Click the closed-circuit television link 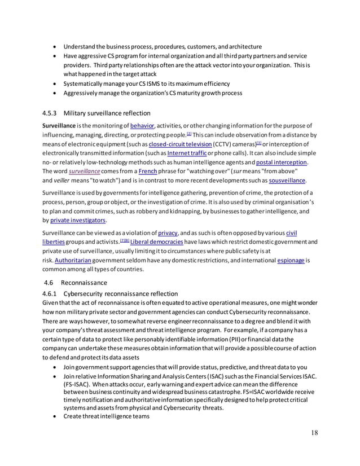pos(174,144)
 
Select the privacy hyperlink pos(168,234)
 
